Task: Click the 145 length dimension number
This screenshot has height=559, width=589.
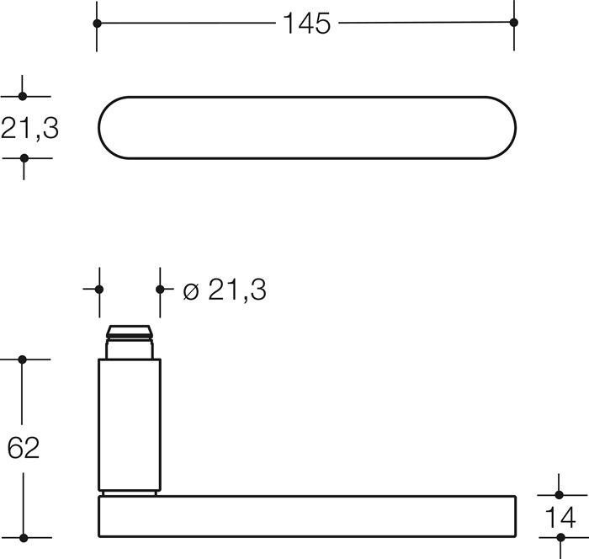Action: (x=306, y=24)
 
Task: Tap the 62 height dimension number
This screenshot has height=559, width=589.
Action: (x=24, y=448)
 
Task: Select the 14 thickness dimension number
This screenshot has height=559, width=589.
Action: (x=560, y=518)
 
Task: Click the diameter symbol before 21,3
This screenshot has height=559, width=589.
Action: (x=190, y=290)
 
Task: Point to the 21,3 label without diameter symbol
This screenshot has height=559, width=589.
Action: (x=29, y=128)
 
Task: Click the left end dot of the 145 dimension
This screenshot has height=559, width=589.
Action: (x=97, y=24)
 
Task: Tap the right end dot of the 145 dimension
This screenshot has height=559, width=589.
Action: (x=514, y=24)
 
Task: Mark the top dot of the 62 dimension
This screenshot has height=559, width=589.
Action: (x=24, y=359)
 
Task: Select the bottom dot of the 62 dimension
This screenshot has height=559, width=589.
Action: (x=24, y=537)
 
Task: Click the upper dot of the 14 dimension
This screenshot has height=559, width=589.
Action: (x=560, y=495)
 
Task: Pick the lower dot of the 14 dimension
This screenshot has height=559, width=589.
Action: (x=560, y=537)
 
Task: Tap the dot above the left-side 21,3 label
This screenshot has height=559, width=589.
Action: (x=24, y=97)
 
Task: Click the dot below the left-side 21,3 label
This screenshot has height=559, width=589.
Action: (x=24, y=158)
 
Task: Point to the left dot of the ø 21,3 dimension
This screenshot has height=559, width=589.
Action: (x=99, y=289)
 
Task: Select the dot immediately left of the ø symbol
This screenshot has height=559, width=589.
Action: (x=160, y=289)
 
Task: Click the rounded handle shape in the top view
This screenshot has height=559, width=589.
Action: (x=306, y=128)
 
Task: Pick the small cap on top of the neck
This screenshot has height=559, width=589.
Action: (x=130, y=331)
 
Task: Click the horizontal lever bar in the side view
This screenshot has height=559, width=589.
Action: (x=306, y=516)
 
